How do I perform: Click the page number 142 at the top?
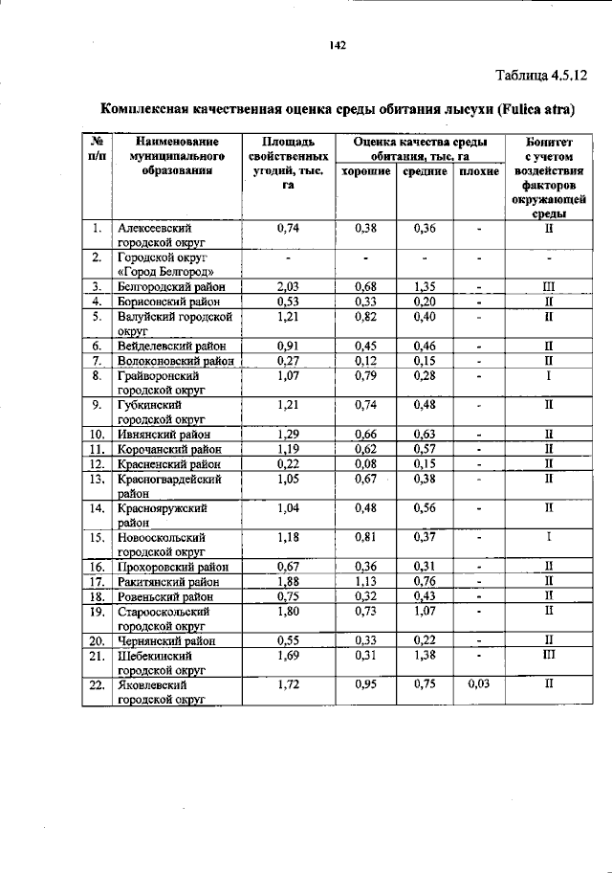coord(336,45)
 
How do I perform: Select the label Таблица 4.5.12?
coord(539,75)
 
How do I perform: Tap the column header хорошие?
coord(365,170)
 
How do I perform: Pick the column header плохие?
coord(478,170)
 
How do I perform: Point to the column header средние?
coord(425,170)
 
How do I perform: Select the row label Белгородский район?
coord(171,285)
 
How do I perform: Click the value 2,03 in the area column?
coord(288,285)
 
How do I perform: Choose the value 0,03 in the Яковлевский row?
coord(478,685)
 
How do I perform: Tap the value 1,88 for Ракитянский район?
coord(288,579)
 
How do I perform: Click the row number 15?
coord(97,537)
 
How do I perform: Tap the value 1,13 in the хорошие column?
coord(365,579)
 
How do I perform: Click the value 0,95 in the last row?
coord(365,685)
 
